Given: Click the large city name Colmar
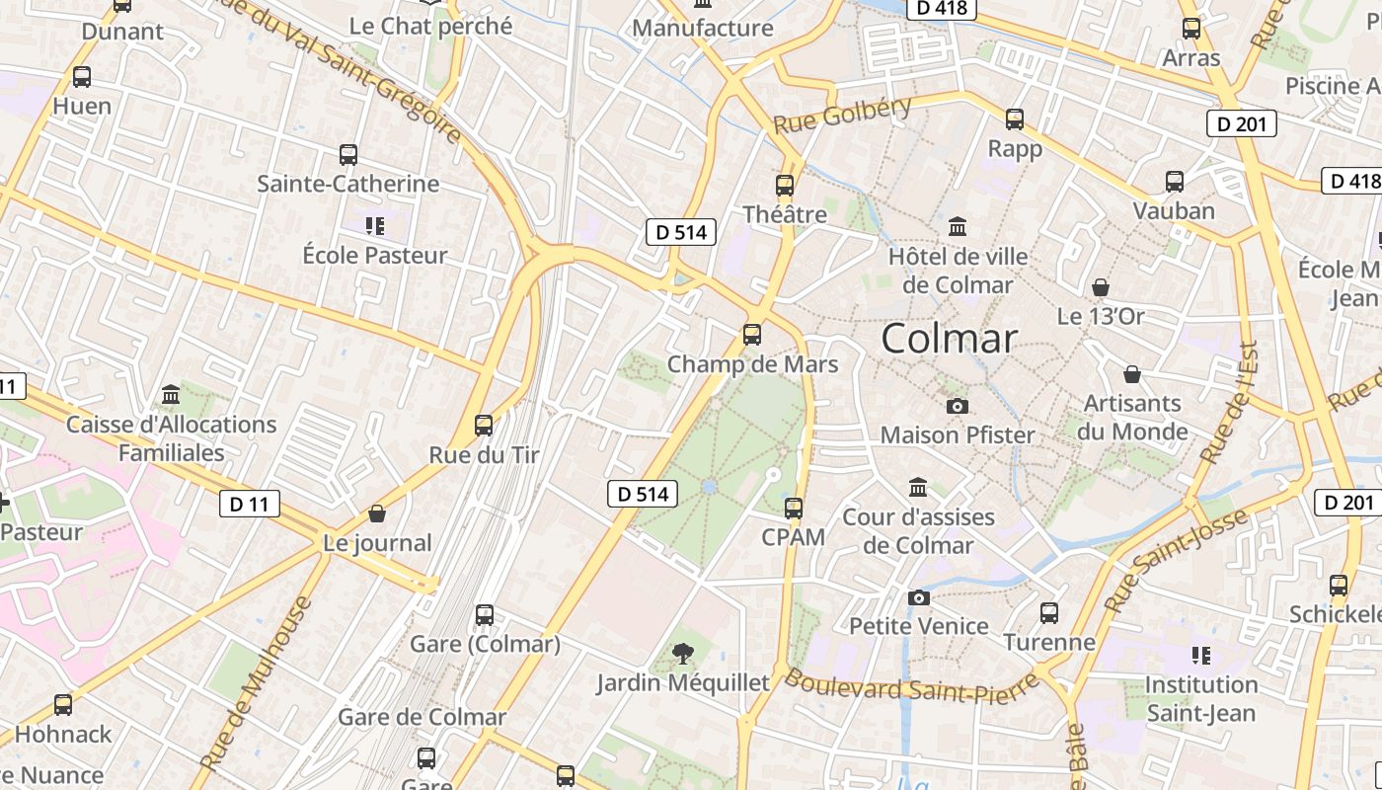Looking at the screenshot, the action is [949, 339].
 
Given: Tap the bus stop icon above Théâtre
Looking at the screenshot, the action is [785, 185].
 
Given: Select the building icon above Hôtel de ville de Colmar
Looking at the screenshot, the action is [957, 227].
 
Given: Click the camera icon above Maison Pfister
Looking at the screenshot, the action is [957, 406].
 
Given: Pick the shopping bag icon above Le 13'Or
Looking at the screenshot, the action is [1101, 287].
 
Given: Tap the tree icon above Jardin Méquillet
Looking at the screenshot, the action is [681, 653].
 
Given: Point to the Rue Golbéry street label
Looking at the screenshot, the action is [842, 116].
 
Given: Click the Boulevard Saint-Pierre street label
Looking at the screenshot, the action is [912, 686].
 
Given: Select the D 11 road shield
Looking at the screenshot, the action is [249, 505].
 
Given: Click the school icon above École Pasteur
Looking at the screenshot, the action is [374, 226].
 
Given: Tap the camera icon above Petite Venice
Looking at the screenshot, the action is [919, 597].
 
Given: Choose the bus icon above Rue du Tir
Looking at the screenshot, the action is [484, 426].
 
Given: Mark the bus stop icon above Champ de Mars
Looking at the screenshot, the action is [752, 335].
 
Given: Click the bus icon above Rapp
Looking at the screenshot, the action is [1015, 119].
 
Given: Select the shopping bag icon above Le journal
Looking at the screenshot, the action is [377, 513].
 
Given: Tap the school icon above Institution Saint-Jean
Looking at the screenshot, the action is [1200, 656].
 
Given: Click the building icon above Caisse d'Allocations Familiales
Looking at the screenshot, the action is [171, 395].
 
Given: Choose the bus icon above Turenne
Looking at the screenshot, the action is [1049, 613].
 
